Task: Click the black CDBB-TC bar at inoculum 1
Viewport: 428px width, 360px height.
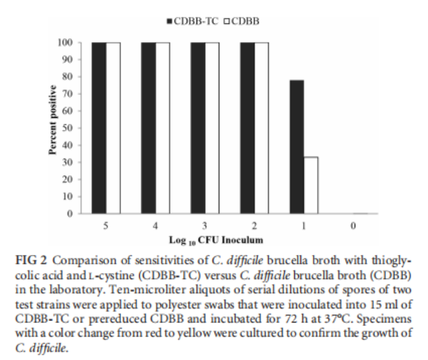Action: point(297,147)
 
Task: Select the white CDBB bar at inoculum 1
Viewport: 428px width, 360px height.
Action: point(310,185)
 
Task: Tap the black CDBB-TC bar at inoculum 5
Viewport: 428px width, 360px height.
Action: point(99,127)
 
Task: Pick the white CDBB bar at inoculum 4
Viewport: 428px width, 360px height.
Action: point(163,127)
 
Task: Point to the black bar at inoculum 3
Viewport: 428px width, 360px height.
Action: point(198,127)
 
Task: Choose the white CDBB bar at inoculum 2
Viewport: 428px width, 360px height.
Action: point(261,127)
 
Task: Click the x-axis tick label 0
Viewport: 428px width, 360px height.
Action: point(353,226)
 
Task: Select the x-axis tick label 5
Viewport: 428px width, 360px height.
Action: point(106,226)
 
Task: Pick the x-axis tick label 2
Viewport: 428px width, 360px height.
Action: point(254,226)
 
